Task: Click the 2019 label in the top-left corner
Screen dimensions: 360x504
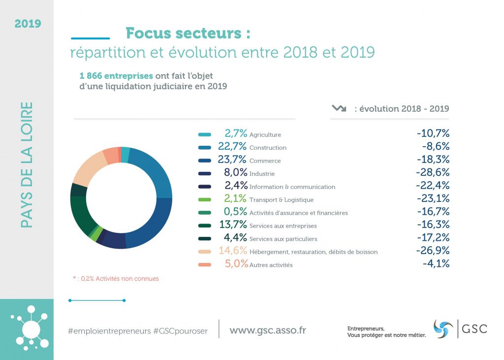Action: click(28, 24)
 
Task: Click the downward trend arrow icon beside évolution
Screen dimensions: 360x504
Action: click(339, 108)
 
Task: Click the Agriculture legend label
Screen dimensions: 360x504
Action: click(265, 134)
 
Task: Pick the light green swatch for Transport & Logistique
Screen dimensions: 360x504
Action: click(205, 199)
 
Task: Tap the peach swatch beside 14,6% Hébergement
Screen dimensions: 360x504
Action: click(205, 252)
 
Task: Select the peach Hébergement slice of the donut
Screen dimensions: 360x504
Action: click(88, 168)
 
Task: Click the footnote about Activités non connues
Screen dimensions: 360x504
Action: click(116, 279)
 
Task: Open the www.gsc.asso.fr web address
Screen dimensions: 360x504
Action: click(267, 330)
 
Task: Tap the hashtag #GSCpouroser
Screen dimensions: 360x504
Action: click(181, 331)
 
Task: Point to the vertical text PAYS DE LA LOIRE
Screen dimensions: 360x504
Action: click(27, 165)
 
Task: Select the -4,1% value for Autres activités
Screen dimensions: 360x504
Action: click(436, 264)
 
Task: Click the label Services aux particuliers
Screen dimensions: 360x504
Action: click(283, 239)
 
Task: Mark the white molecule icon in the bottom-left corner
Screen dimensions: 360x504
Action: click(29, 327)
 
